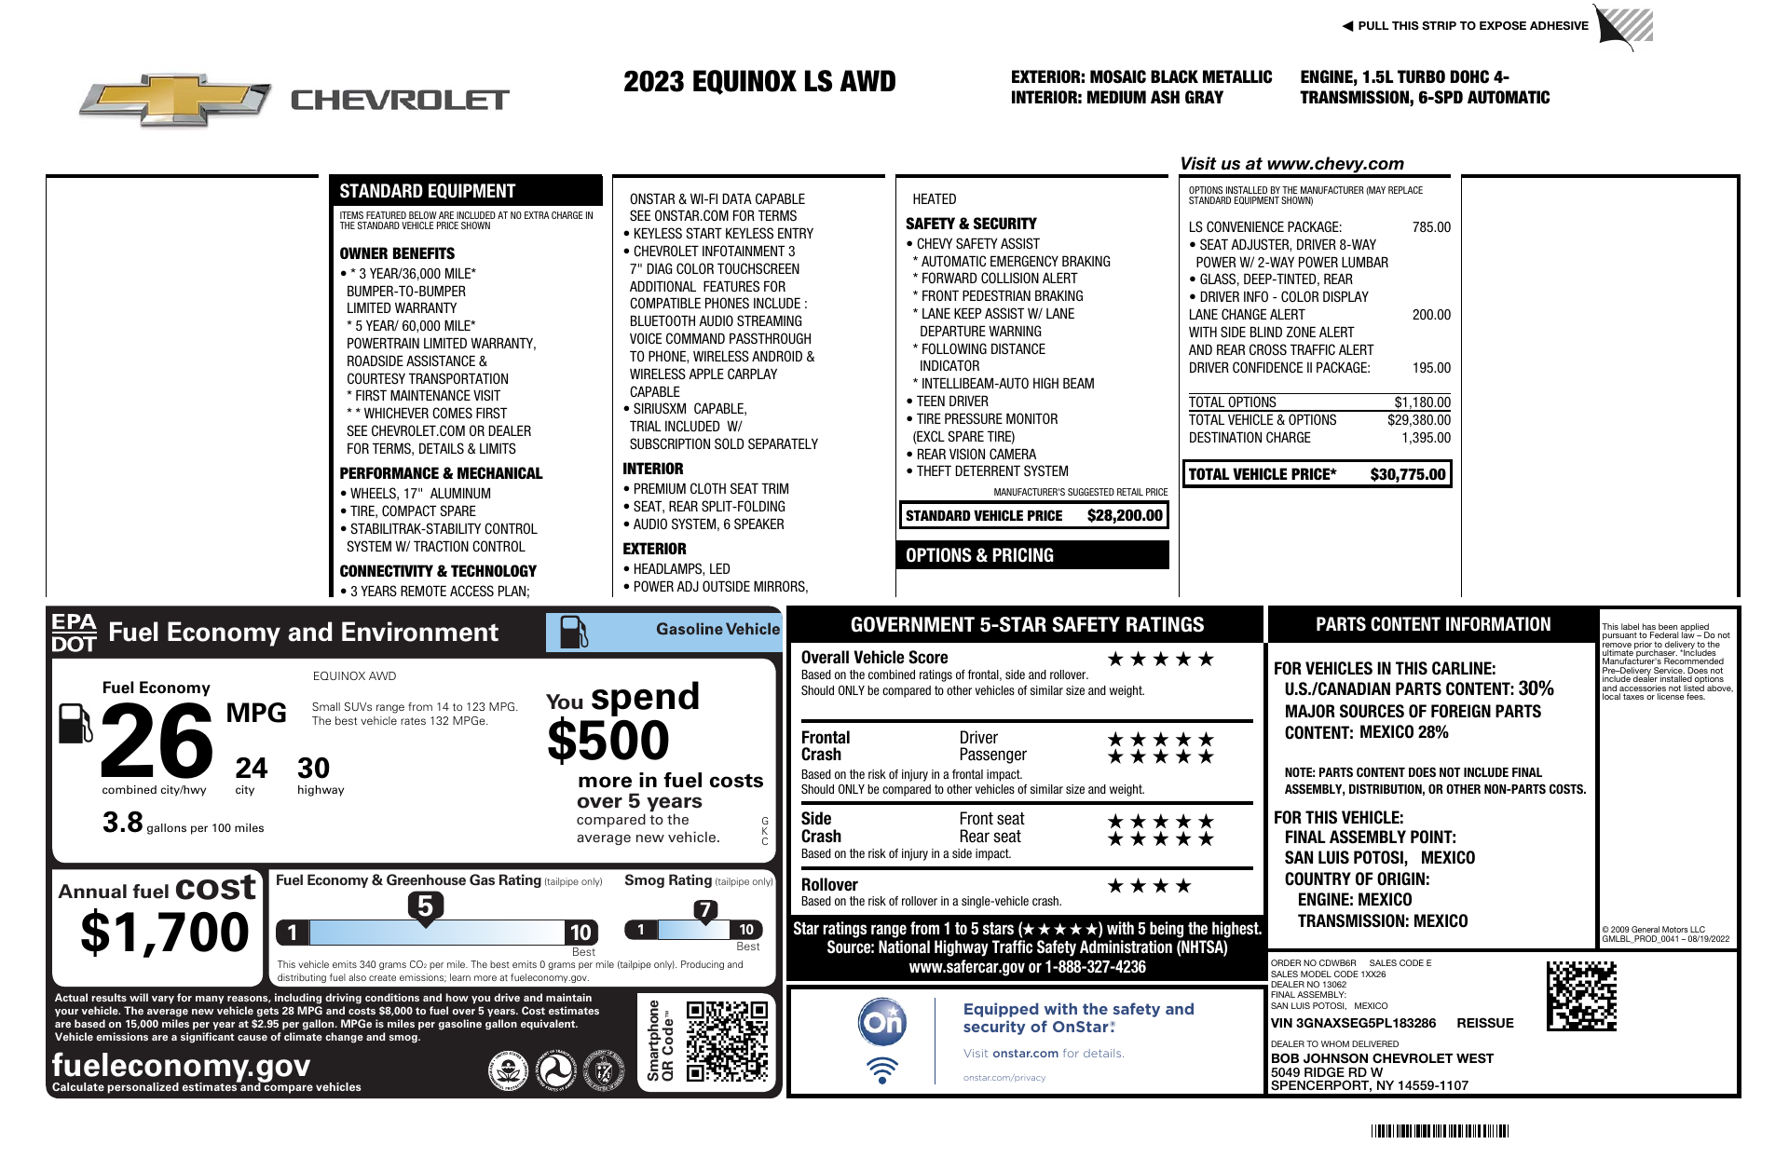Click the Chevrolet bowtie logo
point(174,100)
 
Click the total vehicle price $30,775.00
point(1407,474)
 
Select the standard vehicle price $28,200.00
point(1125,515)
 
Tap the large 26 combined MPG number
point(156,742)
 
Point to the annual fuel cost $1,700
point(165,933)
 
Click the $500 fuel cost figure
point(608,742)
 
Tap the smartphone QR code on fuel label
point(727,1042)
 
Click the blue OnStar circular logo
point(881,1023)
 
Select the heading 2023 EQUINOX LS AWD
point(759,82)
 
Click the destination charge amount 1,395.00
point(1426,438)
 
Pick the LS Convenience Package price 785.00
point(1431,227)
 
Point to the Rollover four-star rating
point(1148,886)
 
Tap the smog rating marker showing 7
point(705,910)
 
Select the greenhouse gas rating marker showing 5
point(425,906)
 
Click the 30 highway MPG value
point(313,769)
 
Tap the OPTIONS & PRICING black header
point(1032,555)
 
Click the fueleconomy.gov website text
point(181,1065)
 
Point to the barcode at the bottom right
point(1439,1132)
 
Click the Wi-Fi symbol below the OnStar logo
point(881,1070)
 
